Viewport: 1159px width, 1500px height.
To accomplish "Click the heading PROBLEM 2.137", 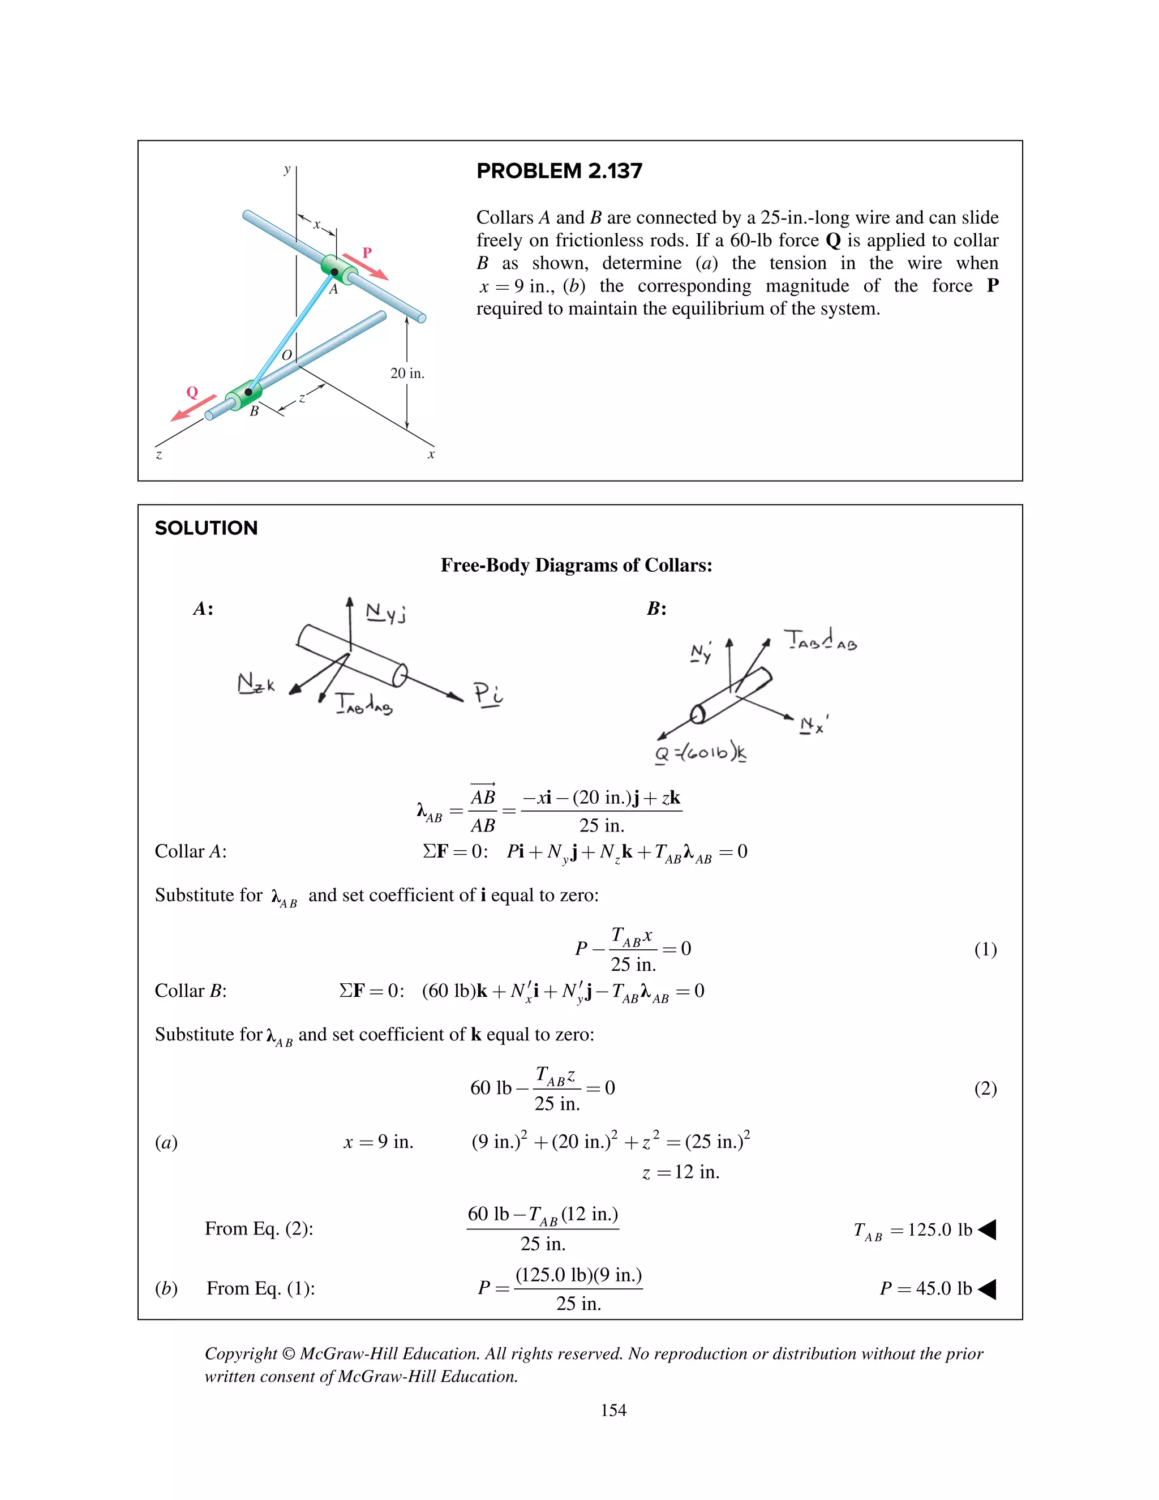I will pos(559,171).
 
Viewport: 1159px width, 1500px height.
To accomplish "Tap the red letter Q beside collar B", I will pos(192,392).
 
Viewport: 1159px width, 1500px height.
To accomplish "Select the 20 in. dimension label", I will pos(407,374).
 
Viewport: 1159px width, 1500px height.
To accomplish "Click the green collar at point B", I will pos(244,394).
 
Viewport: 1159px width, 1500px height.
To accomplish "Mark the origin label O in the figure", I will pos(287,355).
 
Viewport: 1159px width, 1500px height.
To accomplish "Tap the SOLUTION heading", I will pos(206,528).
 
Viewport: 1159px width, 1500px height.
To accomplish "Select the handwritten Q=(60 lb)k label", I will pos(701,753).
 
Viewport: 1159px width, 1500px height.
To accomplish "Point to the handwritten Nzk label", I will pos(255,684).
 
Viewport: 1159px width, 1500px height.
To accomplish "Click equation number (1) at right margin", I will pos(985,949).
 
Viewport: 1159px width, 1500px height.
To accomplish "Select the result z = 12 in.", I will pos(680,1172).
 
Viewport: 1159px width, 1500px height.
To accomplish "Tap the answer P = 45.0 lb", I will pos(925,1288).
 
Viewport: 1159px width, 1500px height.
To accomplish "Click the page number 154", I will pos(613,1410).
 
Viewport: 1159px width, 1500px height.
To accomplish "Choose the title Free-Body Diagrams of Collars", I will pos(576,565).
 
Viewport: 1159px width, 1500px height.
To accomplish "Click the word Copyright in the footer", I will pos(241,1354).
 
